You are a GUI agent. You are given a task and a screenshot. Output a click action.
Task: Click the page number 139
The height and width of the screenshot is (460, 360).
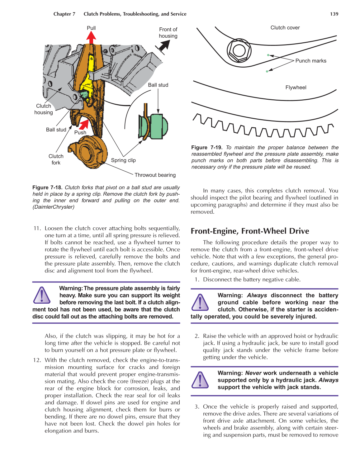[x=334, y=14]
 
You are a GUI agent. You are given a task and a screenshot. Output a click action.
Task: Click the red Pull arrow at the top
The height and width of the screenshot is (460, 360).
[x=91, y=38]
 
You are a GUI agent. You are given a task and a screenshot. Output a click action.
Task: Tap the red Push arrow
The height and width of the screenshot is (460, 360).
[x=84, y=125]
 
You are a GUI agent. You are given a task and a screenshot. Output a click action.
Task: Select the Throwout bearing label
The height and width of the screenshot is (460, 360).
[x=155, y=175]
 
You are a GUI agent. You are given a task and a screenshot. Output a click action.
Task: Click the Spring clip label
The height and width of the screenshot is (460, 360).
[x=123, y=160]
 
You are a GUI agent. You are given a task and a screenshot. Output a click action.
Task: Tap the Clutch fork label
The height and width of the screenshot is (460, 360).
[x=56, y=159]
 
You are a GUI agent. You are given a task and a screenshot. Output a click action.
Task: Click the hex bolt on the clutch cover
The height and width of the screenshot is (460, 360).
[x=239, y=51]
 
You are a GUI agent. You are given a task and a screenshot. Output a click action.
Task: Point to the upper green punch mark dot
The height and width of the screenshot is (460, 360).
[x=268, y=55]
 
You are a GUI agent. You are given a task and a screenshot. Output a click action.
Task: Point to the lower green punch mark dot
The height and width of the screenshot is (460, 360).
[x=267, y=71]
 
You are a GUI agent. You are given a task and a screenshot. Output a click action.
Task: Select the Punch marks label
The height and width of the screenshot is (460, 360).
[x=310, y=61]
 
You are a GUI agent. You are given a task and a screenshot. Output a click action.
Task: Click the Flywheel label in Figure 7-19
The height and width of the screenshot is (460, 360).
[x=296, y=88]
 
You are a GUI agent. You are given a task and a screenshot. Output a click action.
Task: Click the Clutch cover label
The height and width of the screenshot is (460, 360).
[x=285, y=28]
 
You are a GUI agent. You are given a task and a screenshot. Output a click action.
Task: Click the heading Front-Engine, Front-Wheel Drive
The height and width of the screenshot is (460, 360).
[x=250, y=231]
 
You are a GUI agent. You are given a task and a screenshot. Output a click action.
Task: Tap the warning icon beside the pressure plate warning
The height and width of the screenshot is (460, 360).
[x=41, y=295]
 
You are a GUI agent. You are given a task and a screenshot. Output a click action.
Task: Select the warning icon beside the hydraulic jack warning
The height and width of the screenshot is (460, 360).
[x=200, y=380]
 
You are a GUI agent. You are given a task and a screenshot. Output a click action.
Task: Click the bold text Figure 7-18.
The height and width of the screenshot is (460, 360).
[x=47, y=187]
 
